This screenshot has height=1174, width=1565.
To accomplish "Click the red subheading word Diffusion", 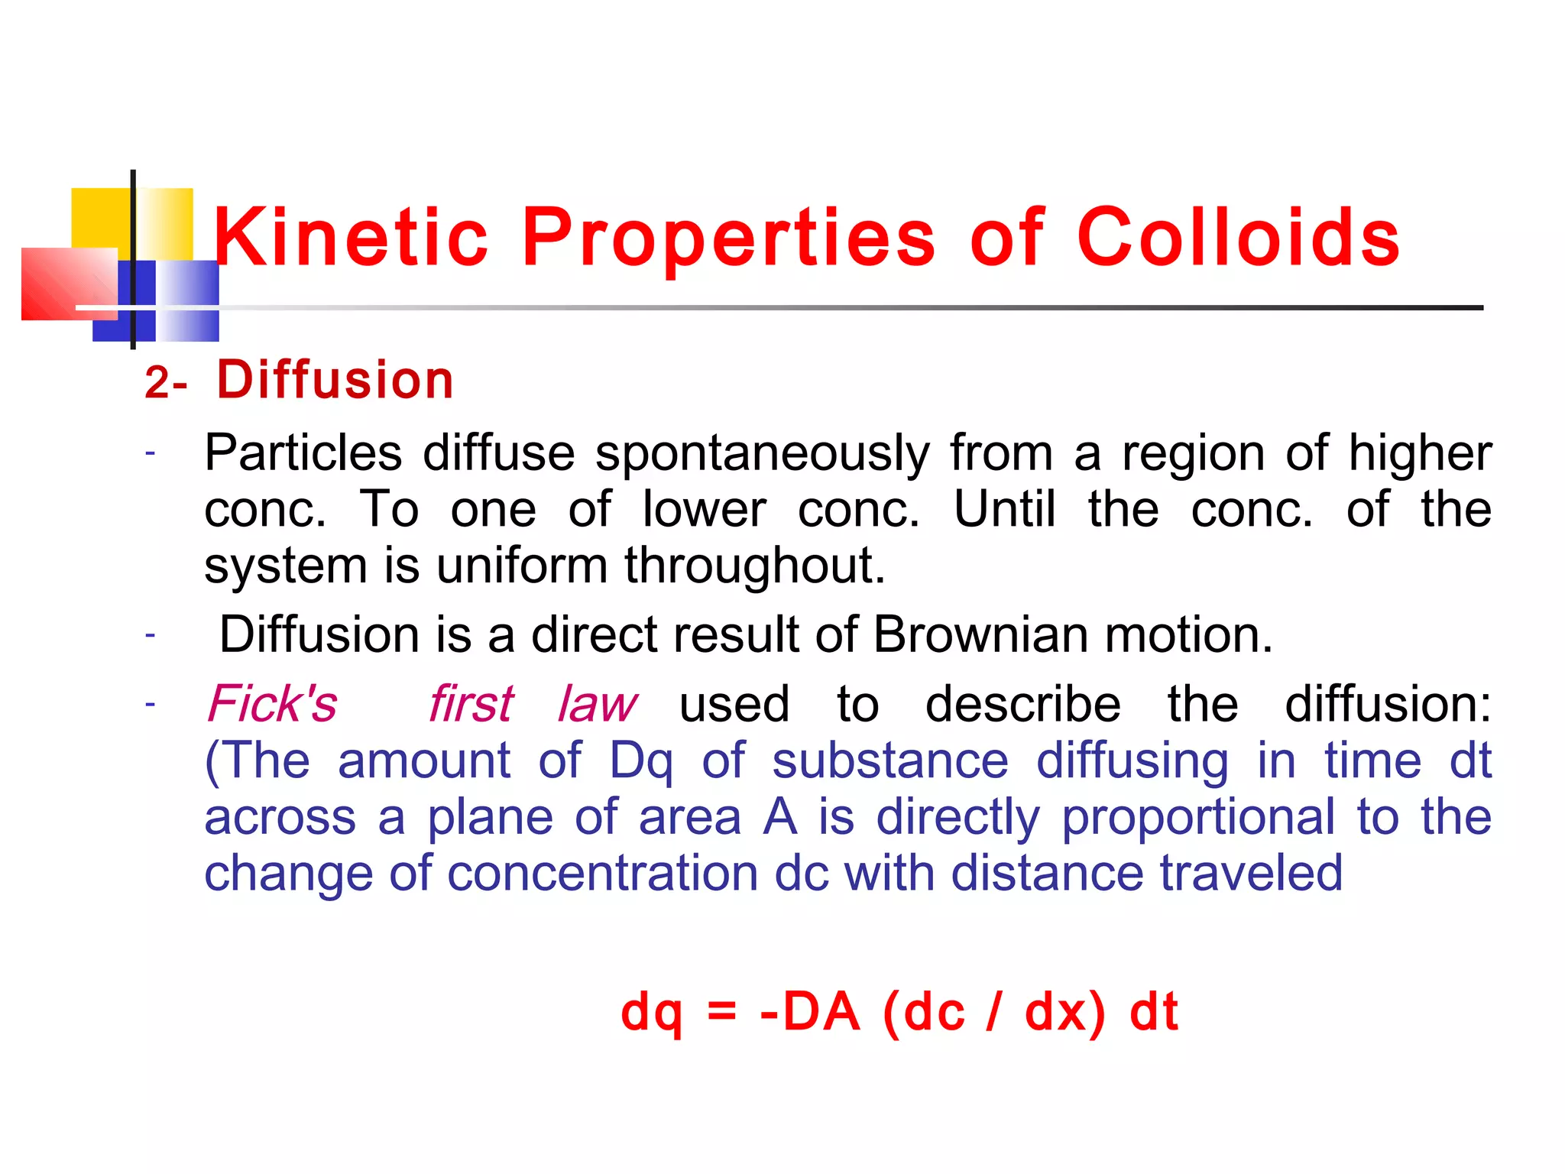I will click(335, 380).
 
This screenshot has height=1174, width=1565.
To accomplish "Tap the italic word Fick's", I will click(272, 704).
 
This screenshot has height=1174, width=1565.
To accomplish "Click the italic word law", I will click(597, 704).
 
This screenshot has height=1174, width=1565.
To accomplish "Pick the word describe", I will click(1022, 704).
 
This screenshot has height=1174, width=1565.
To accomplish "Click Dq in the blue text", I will click(641, 762).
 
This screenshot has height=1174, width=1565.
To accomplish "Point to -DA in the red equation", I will click(810, 1012).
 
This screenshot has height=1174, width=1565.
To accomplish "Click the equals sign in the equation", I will click(721, 1013).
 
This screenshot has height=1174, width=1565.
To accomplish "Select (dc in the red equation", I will click(923, 1012).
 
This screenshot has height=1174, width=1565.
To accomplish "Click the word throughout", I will click(754, 566).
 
